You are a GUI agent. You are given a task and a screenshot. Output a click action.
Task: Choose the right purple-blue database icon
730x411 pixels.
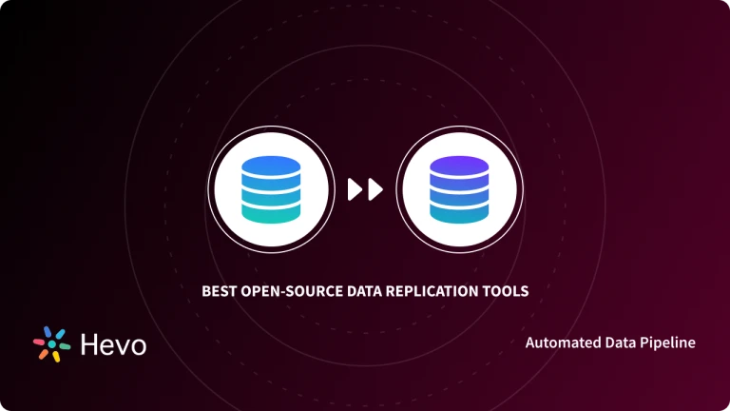click(x=459, y=190)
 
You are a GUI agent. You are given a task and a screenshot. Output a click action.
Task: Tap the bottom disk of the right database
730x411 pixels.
click(x=459, y=214)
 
